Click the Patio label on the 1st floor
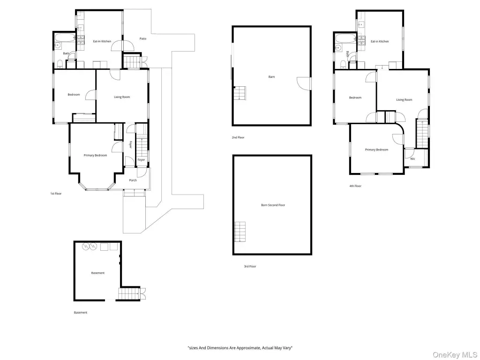[x=143, y=38]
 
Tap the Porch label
[x=133, y=180]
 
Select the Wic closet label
[x=412, y=159]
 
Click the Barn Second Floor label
[x=273, y=205]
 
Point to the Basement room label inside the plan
[x=97, y=273]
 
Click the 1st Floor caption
[x=56, y=194]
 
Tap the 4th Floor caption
[x=355, y=186]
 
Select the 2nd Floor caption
[x=238, y=137]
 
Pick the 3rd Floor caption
[x=250, y=266]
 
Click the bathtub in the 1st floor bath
[x=65, y=38]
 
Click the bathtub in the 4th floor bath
[x=346, y=38]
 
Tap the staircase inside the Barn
[x=240, y=93]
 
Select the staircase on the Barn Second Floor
[x=240, y=232]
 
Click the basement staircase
[x=129, y=294]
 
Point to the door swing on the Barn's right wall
[x=303, y=83]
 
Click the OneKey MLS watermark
[x=455, y=355]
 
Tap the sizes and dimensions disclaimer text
[x=240, y=348]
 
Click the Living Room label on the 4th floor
[x=404, y=100]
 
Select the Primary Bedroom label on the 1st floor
[x=95, y=156]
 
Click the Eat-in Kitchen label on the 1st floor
[x=102, y=41]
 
